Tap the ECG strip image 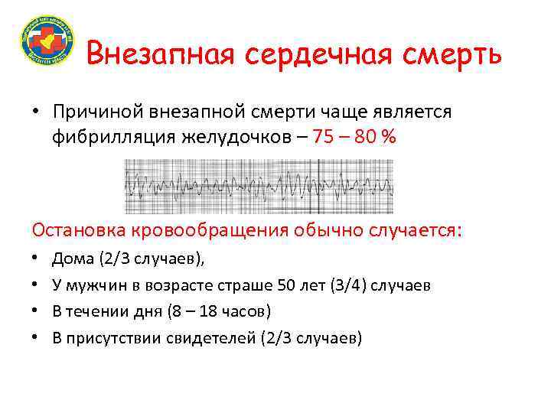click(259, 186)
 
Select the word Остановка click(79, 229)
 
